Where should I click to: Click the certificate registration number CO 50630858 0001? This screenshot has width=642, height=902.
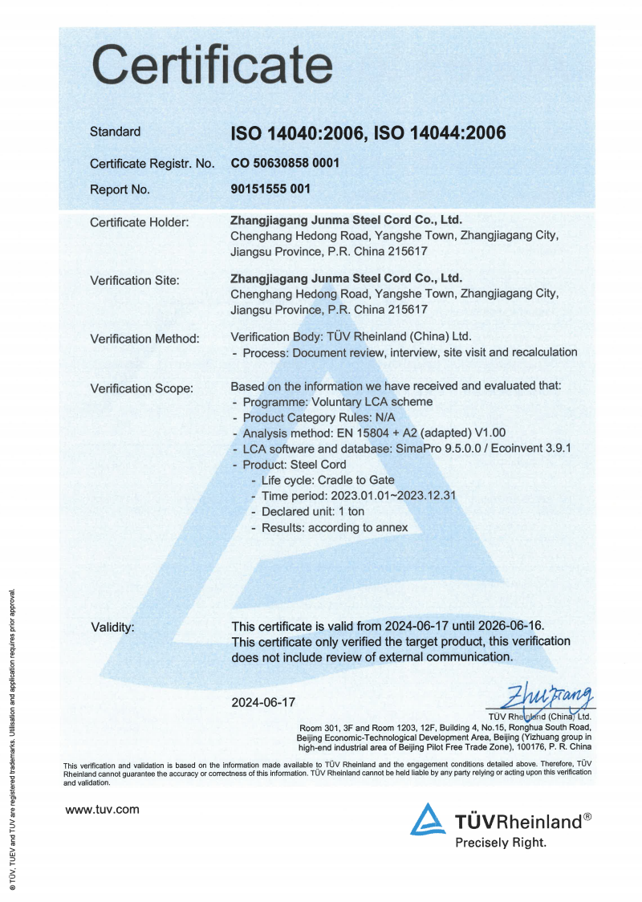tap(285, 163)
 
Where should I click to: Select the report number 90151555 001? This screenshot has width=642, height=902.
tap(270, 189)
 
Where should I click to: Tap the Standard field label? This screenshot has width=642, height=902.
tap(115, 132)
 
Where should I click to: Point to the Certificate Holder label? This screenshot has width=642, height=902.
tap(139, 221)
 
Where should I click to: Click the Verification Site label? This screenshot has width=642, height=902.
tap(134, 280)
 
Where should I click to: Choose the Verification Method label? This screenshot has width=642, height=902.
tap(144, 339)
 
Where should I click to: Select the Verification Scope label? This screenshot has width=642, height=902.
tap(141, 388)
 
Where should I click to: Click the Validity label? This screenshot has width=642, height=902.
tap(112, 626)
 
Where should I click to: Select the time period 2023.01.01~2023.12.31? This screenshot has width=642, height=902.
tap(359, 495)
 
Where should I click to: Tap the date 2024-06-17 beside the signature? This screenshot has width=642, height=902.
tap(263, 701)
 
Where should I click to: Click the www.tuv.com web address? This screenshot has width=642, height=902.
tap(102, 809)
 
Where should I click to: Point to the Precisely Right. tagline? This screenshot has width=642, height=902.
tap(501, 843)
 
